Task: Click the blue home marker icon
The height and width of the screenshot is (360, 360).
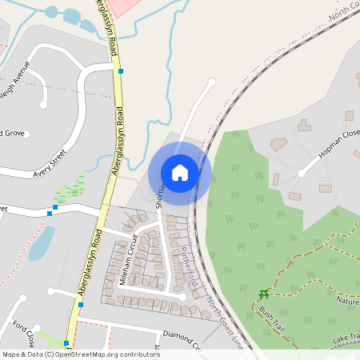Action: tap(180, 172)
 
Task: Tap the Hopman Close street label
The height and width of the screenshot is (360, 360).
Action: tap(336, 144)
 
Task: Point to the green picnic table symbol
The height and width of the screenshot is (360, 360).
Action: tap(264, 294)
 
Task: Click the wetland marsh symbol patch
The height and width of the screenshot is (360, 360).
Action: tap(70, 190)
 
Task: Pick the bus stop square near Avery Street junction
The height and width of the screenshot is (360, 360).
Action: tap(50, 213)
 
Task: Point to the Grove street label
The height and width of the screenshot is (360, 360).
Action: tap(11, 133)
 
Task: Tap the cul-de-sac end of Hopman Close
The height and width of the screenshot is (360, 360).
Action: tap(302, 173)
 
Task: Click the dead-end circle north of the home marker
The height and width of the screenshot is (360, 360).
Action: tap(212, 82)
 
